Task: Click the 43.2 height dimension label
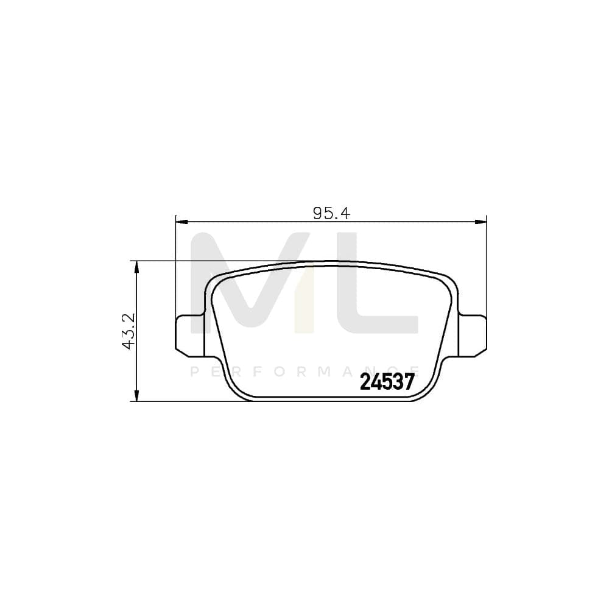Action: (x=128, y=331)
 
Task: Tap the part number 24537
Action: (x=387, y=382)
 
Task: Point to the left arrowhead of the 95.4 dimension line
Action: (x=180, y=222)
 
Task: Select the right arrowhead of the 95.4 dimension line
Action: (x=483, y=222)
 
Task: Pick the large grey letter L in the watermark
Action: (x=378, y=286)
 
